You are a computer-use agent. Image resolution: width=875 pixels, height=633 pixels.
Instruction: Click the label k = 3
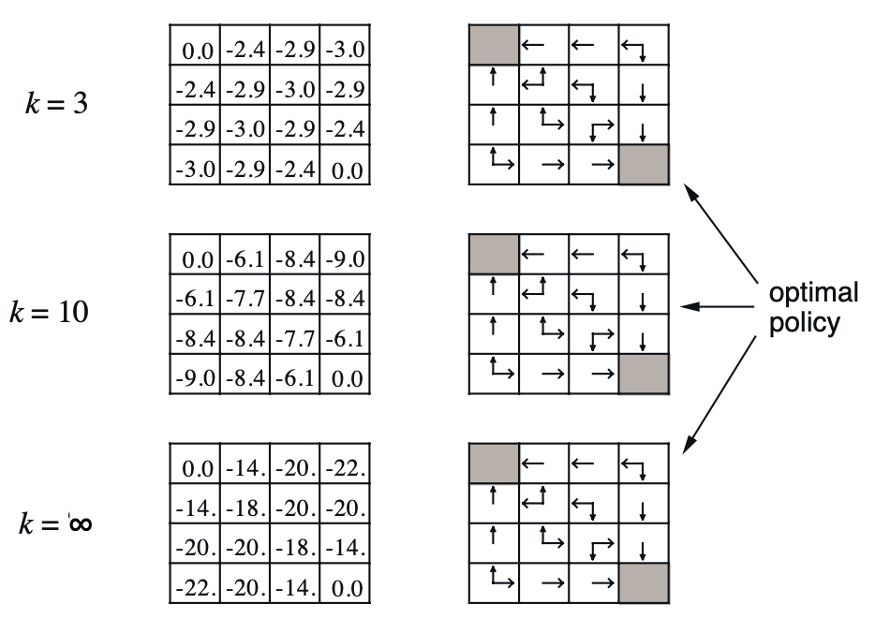[56, 102]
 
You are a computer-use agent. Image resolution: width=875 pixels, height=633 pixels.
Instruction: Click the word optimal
[813, 293]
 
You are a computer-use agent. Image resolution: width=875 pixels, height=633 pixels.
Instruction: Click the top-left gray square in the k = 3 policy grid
[492, 44]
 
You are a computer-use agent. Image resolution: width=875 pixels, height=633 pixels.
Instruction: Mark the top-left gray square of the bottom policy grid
[492, 464]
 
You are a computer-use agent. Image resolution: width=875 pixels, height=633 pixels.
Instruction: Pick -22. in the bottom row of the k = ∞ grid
[196, 591]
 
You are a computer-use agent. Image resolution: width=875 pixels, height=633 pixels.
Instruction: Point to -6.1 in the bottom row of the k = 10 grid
[296, 380]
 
